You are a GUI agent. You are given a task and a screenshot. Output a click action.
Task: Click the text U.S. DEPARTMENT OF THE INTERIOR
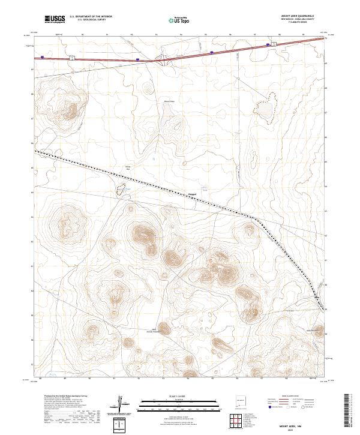tap(92, 16)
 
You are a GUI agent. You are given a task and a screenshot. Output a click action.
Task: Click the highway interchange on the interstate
tap(162, 59)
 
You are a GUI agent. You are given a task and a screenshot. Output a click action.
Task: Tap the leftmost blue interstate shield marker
tap(43, 58)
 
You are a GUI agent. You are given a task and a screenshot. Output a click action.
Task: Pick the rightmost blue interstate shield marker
tap(270, 44)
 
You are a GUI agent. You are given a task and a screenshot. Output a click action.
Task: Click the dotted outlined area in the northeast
tap(263, 108)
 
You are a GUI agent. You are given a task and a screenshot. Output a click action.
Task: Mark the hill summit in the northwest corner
tap(71, 110)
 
